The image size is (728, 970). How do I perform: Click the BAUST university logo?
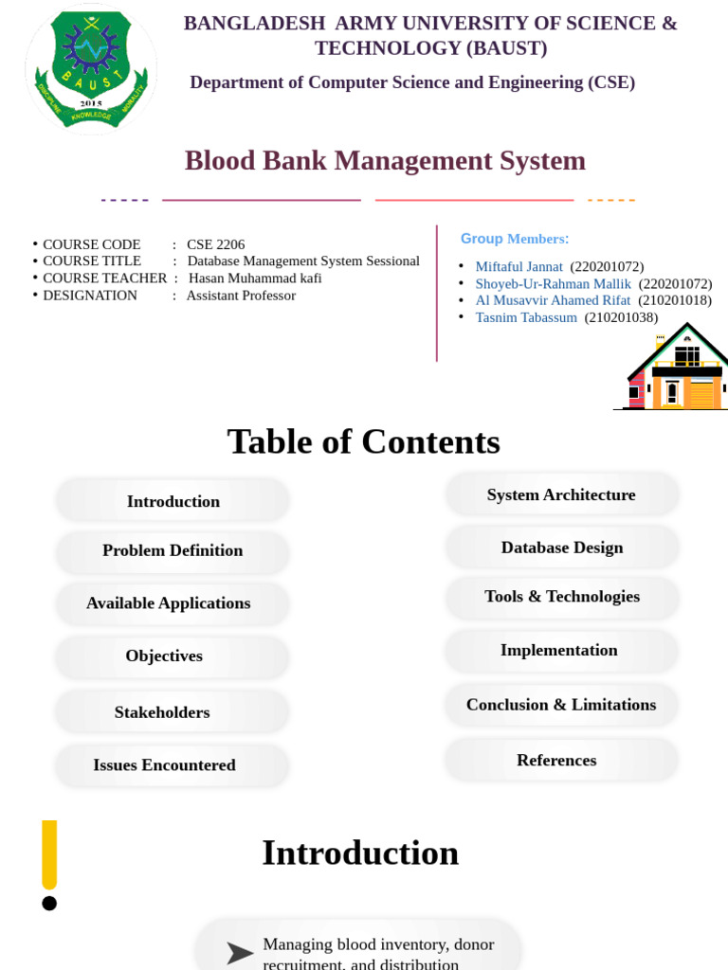point(91,68)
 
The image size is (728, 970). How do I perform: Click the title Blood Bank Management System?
point(385,161)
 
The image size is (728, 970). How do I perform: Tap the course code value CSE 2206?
point(215,244)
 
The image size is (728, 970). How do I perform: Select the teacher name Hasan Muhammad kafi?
point(255,278)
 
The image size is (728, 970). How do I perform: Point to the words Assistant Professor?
point(241,296)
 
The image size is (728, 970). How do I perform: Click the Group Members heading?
point(515,239)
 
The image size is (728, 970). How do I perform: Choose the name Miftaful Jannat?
point(519,267)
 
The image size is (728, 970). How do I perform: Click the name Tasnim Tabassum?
point(525,317)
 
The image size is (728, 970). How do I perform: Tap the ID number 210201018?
point(674,300)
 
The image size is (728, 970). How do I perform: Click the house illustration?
point(676,369)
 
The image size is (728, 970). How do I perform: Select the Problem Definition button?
point(173,550)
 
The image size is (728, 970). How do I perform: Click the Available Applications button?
point(169,603)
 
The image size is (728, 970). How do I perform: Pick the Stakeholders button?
point(162,712)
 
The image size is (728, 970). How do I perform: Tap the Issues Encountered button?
point(165,765)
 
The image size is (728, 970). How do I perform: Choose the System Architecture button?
point(561,494)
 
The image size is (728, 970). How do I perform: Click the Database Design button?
point(562,548)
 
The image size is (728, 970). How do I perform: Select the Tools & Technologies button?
point(562,597)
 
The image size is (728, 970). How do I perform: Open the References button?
point(556,760)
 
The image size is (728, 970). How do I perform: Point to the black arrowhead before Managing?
point(239,953)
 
